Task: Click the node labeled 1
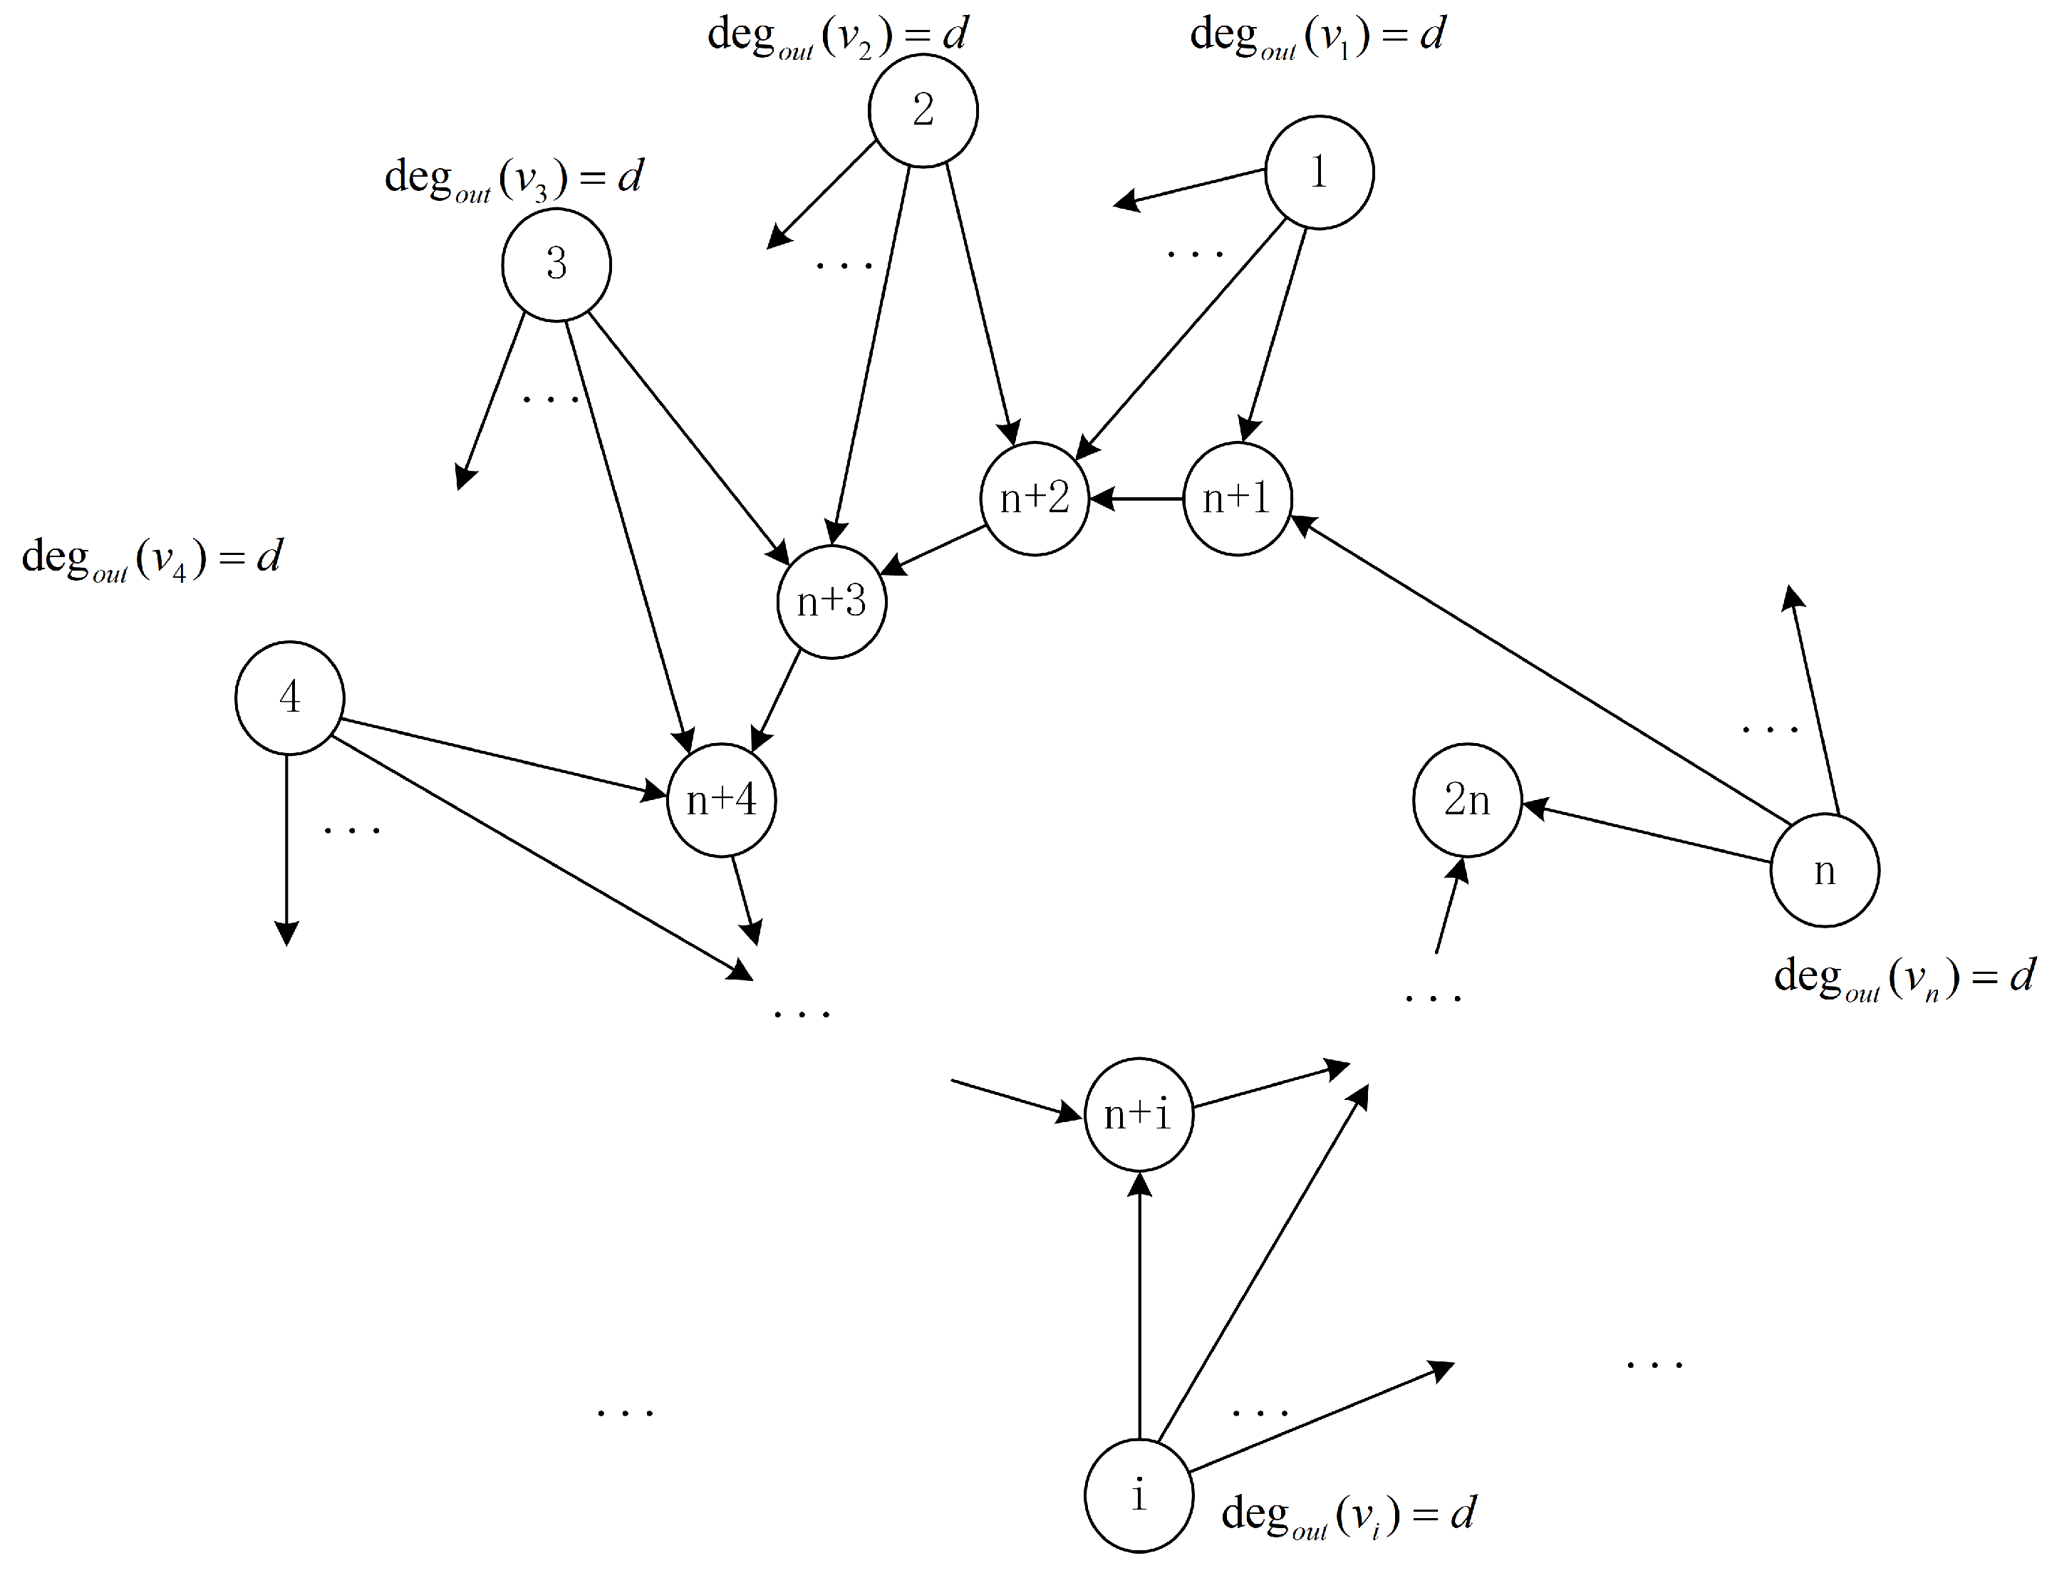point(1319,172)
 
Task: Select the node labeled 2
point(923,110)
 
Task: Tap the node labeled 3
point(556,265)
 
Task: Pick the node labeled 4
point(289,697)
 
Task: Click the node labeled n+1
point(1237,498)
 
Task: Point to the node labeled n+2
point(1034,498)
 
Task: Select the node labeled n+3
point(831,601)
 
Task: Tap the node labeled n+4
point(721,799)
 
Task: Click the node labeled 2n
point(1466,799)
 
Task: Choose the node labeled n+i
point(1138,1114)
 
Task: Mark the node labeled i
point(1138,1495)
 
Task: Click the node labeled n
point(1823,871)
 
